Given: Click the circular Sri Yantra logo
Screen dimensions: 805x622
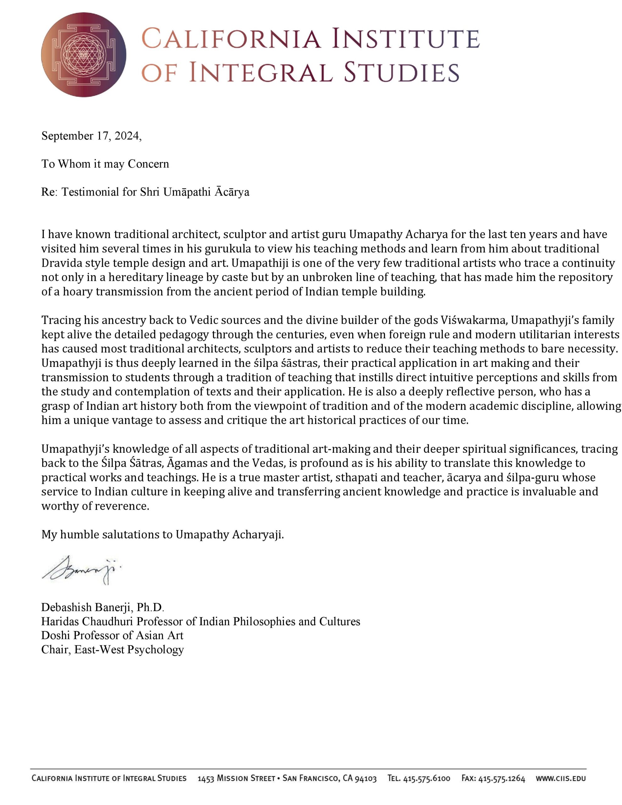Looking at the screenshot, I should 84,55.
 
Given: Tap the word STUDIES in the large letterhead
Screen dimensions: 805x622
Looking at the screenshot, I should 402,72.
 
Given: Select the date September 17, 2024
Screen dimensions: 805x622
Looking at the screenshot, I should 91,136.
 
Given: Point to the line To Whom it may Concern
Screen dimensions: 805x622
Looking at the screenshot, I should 105,164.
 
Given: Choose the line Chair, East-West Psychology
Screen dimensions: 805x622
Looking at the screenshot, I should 113,649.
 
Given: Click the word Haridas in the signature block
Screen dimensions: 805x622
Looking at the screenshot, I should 60,621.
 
